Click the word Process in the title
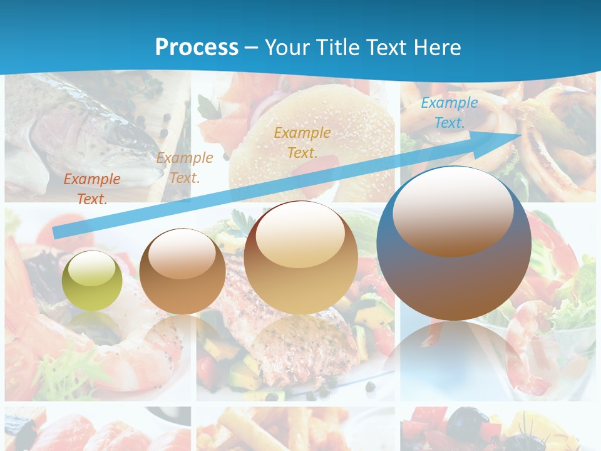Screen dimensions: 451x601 coord(197,47)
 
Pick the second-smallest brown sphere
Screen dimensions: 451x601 coord(182,271)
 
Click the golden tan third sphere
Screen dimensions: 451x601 coord(300,257)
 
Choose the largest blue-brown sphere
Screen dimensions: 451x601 coord(454,244)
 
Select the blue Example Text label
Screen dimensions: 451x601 coord(449,113)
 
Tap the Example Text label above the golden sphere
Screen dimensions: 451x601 coord(302,142)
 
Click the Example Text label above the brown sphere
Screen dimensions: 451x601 coord(184,167)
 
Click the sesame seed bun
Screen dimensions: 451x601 coord(313,135)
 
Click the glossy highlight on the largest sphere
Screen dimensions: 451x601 coord(453,210)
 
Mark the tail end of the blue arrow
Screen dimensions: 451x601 coord(56,232)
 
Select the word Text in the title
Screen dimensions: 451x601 coord(386,47)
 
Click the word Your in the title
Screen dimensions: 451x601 coord(287,47)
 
